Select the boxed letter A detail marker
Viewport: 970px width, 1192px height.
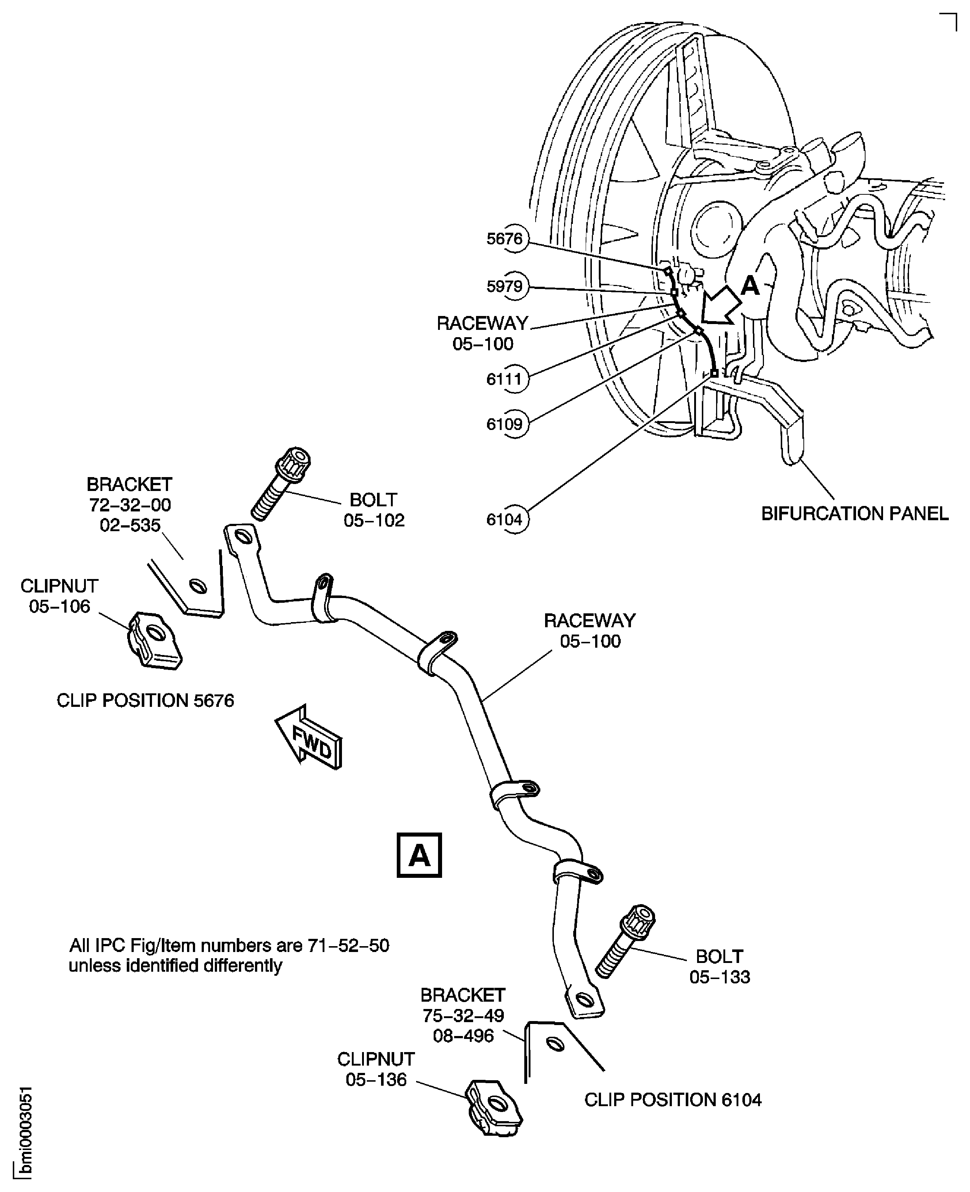[419, 855]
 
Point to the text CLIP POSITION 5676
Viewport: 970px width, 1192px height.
[145, 700]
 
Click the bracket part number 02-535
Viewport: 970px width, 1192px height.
[130, 526]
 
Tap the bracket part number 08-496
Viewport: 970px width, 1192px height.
[463, 1036]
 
